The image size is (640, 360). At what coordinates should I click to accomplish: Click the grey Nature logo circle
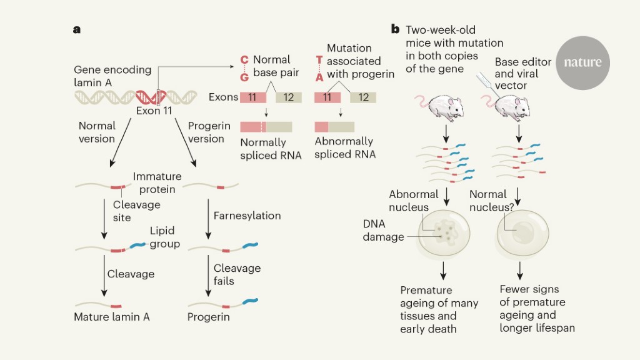582,62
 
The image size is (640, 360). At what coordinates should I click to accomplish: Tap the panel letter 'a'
77,29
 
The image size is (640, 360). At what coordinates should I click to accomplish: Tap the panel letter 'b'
395,29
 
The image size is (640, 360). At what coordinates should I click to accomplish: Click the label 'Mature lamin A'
112,317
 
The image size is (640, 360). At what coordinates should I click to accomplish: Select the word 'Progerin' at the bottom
209,317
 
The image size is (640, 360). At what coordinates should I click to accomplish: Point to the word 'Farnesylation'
247,216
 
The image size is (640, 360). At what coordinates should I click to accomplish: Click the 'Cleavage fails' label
237,274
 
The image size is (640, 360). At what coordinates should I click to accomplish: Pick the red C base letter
244,60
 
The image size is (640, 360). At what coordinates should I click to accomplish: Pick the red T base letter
319,60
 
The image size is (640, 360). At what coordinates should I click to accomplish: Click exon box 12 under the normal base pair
289,97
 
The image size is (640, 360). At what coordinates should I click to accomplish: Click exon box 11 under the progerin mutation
327,97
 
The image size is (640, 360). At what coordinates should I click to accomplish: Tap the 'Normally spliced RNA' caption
271,149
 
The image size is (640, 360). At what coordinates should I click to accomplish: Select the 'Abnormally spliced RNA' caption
345,148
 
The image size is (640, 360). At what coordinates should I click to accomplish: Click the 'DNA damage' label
383,230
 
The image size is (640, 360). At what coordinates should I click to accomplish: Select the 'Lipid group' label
164,237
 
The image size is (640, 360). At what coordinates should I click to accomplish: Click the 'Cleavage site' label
136,211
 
